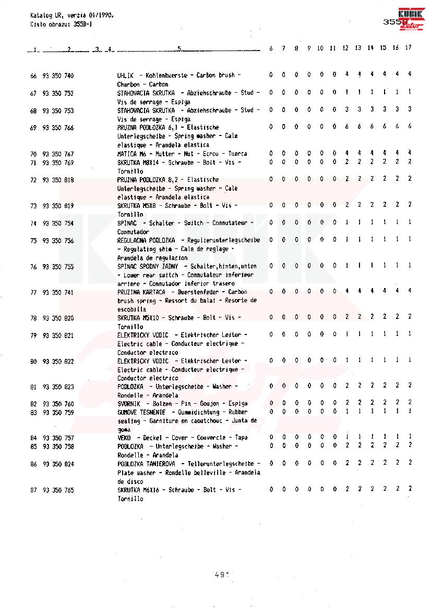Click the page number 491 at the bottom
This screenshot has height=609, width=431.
point(222,575)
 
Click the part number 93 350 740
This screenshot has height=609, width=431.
point(58,76)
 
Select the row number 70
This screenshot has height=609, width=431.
point(33,154)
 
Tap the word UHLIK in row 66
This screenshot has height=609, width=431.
point(125,76)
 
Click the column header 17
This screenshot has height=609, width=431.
point(408,48)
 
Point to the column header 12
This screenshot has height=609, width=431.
point(346,48)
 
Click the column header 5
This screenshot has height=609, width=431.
point(179,49)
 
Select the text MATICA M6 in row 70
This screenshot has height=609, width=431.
point(130,154)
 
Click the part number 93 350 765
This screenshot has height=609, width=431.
point(58,491)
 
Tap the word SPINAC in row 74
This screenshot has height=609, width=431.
point(127,223)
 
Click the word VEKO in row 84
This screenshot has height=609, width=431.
point(124,438)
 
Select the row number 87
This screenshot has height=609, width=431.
point(33,491)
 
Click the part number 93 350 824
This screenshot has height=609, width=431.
point(58,464)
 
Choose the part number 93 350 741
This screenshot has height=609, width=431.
point(58,293)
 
